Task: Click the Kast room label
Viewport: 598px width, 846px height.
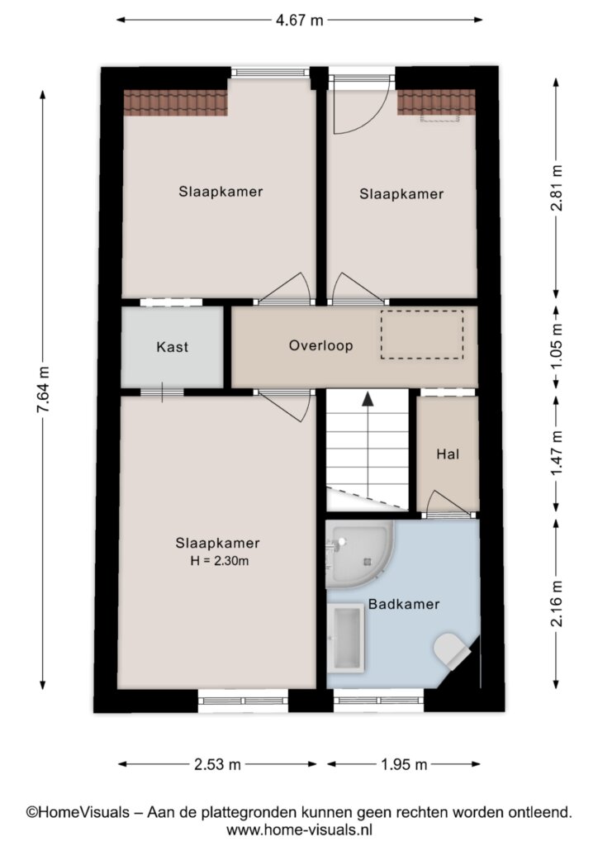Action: tap(173, 347)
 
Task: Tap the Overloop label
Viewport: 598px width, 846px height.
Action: tap(320, 345)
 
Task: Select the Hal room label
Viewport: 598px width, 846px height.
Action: tap(448, 454)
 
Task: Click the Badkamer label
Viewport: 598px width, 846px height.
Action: tap(404, 604)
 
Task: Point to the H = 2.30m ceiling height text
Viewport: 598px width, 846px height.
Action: tap(220, 561)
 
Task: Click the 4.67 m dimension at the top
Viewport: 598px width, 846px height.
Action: tap(299, 21)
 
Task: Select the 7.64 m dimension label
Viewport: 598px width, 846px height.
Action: tap(43, 390)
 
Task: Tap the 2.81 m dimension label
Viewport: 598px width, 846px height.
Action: tap(557, 188)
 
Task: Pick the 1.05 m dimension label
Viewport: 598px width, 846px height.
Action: tap(557, 346)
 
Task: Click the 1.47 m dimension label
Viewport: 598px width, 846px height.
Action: tap(557, 454)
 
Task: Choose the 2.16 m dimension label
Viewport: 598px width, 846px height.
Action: tap(557, 604)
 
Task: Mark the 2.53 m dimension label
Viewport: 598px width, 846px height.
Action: tap(217, 764)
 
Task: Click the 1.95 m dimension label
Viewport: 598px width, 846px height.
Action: tap(404, 764)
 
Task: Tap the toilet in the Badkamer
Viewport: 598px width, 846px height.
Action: tap(452, 651)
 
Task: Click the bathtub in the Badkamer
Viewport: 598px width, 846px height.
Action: tap(347, 637)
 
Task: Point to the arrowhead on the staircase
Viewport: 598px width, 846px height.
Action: tap(368, 399)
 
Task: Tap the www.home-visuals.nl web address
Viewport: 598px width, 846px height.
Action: tap(299, 829)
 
